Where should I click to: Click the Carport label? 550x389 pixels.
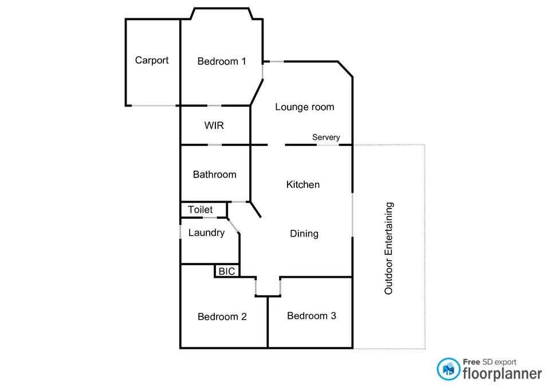click(152, 60)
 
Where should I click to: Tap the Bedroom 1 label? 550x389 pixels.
click(222, 61)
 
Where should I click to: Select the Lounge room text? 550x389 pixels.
click(304, 107)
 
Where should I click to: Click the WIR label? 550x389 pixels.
click(214, 125)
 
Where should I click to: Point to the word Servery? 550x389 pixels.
click(326, 137)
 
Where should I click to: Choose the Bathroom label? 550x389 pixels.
click(214, 175)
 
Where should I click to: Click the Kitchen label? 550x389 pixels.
click(303, 184)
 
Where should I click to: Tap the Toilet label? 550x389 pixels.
click(200, 210)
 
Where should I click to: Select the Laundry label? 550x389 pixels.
click(206, 233)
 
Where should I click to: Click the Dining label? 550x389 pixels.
click(304, 234)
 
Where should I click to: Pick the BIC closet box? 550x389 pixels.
click(227, 271)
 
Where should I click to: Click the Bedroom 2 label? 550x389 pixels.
click(222, 317)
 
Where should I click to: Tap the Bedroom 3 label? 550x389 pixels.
click(312, 316)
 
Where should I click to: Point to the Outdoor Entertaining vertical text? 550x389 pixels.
click(389, 248)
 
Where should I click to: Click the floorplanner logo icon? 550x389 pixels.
click(448, 369)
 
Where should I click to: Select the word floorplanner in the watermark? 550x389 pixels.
click(502, 374)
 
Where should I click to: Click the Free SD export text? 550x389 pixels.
click(489, 362)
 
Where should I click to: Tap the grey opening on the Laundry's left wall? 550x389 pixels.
click(180, 230)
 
